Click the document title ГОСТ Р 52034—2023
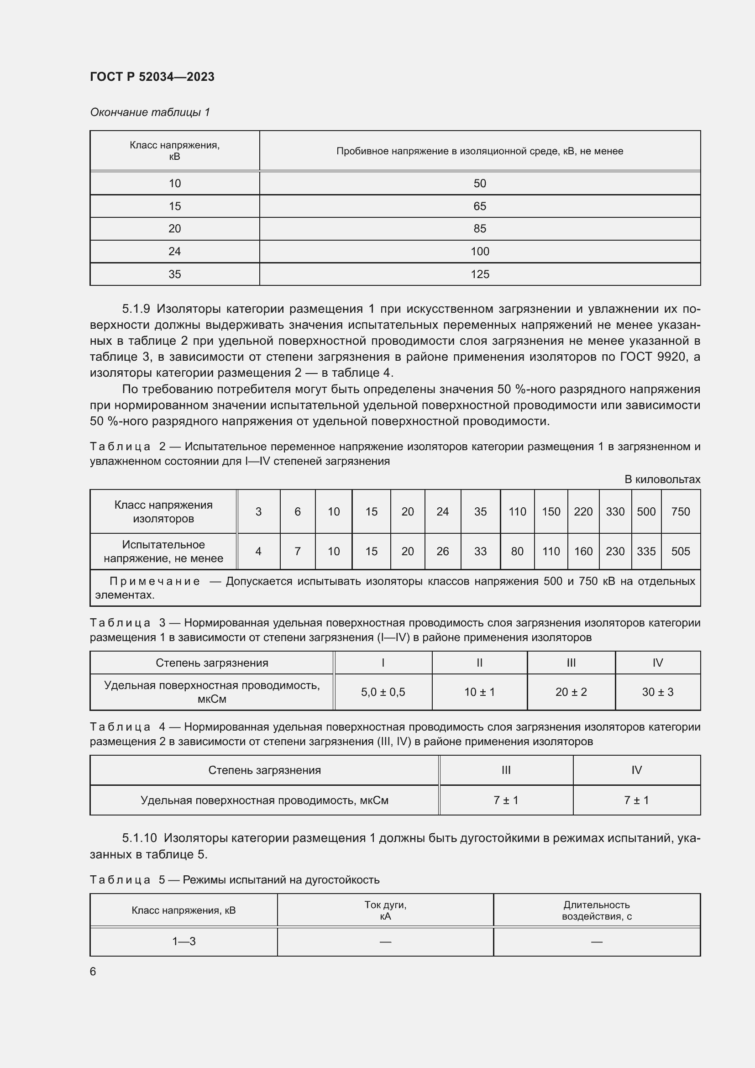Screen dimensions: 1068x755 tap(152, 77)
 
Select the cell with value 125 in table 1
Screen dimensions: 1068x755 tap(479, 274)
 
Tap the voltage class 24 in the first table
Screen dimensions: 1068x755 tap(174, 252)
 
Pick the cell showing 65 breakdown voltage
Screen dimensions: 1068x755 tap(479, 206)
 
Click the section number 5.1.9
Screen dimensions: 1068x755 tap(136, 309)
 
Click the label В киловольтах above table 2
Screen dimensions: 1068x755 tap(662, 479)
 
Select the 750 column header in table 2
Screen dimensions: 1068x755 tap(680, 512)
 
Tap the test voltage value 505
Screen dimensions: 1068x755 tap(680, 551)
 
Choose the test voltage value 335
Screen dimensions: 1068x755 tap(646, 551)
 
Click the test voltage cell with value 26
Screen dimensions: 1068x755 tap(442, 551)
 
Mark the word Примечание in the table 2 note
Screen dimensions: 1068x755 tap(155, 581)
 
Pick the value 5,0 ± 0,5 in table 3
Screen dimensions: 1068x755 tap(383, 692)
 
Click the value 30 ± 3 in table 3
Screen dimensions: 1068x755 tap(657, 692)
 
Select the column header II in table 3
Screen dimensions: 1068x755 tap(479, 663)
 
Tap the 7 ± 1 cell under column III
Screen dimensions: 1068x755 tap(506, 800)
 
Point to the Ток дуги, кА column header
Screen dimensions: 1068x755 tap(385, 910)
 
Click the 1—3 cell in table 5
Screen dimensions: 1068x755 tap(184, 942)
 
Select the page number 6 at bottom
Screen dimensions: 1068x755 tap(93, 971)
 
